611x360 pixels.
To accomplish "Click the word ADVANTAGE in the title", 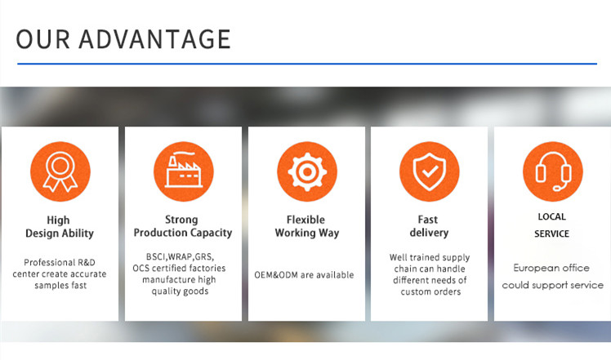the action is tap(154, 39).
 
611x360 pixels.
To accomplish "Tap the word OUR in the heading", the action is tap(42, 39).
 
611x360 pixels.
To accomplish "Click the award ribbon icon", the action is tap(60, 171).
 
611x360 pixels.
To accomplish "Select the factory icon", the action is tap(184, 171).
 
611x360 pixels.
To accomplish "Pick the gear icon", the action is tap(307, 171).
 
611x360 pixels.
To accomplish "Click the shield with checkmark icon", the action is tap(430, 171).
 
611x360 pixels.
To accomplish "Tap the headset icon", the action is tap(553, 171).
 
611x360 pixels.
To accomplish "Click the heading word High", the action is tap(58, 220).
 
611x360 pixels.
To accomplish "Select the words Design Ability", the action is tap(60, 233).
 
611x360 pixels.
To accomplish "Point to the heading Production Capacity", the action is tap(183, 233).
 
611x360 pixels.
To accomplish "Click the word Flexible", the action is tap(305, 220).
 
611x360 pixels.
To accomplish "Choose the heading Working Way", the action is tap(307, 233).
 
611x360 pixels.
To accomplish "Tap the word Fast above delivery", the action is tap(428, 220).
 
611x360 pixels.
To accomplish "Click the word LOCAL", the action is tap(551, 216).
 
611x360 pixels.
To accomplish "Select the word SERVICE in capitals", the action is tap(551, 233).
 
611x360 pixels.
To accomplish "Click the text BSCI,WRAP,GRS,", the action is tap(180, 257).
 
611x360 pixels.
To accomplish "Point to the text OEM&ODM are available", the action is tap(304, 275).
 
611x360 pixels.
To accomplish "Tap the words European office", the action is tap(551, 268).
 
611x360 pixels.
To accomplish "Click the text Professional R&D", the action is tap(60, 262).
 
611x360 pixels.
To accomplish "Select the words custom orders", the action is tap(430, 291).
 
